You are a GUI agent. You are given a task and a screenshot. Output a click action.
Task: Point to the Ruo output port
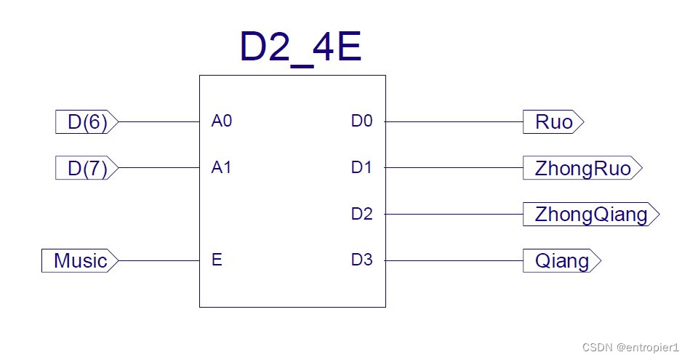[x=553, y=122]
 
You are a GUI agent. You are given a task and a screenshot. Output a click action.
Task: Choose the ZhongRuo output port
[x=582, y=169]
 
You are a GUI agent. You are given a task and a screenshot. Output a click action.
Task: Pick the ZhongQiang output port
[x=590, y=215]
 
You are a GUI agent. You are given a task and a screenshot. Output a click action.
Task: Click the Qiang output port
[x=562, y=260]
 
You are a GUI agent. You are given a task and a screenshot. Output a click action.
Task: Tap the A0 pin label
[x=222, y=121]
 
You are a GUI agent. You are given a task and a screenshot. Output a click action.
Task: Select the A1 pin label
[x=222, y=168]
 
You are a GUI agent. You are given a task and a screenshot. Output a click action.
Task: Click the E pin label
[x=217, y=260]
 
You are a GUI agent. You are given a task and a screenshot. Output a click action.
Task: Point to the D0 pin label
[x=361, y=121]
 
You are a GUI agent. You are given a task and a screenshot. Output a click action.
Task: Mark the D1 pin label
[x=361, y=168]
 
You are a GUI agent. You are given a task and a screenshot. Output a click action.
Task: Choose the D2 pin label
[x=361, y=214]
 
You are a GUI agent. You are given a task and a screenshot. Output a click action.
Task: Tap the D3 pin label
[x=361, y=260]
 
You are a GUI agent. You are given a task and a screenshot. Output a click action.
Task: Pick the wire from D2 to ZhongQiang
[x=454, y=215]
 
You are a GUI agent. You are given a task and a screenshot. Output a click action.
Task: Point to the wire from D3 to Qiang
[x=454, y=260]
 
